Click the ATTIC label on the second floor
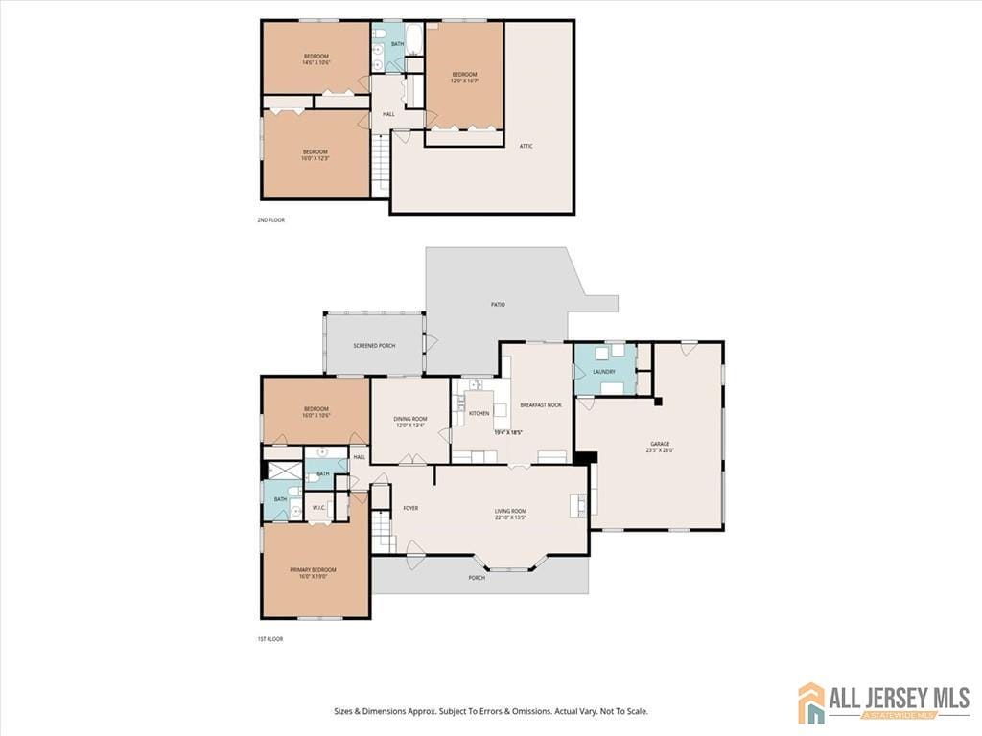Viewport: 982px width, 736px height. [526, 146]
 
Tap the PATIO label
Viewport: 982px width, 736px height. [498, 305]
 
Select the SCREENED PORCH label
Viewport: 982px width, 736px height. [374, 346]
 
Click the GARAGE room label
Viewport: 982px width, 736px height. [660, 444]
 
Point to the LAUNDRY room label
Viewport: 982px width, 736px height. [603, 372]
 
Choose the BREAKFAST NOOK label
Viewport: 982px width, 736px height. [541, 405]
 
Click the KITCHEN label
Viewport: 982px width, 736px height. [479, 413]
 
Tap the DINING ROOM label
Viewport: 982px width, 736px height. [410, 419]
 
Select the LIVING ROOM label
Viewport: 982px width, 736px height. [510, 511]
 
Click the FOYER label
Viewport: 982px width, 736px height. [410, 508]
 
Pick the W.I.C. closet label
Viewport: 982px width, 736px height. [319, 507]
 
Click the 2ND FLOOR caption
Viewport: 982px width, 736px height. [270, 220]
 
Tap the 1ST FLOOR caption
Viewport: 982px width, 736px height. [269, 639]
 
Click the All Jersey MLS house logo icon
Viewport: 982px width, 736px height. [811, 702]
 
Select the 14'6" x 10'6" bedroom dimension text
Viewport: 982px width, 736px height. [316, 63]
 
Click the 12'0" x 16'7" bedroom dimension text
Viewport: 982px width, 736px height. [464, 80]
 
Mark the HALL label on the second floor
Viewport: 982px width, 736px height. [388, 114]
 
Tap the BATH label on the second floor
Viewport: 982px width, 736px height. [397, 44]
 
